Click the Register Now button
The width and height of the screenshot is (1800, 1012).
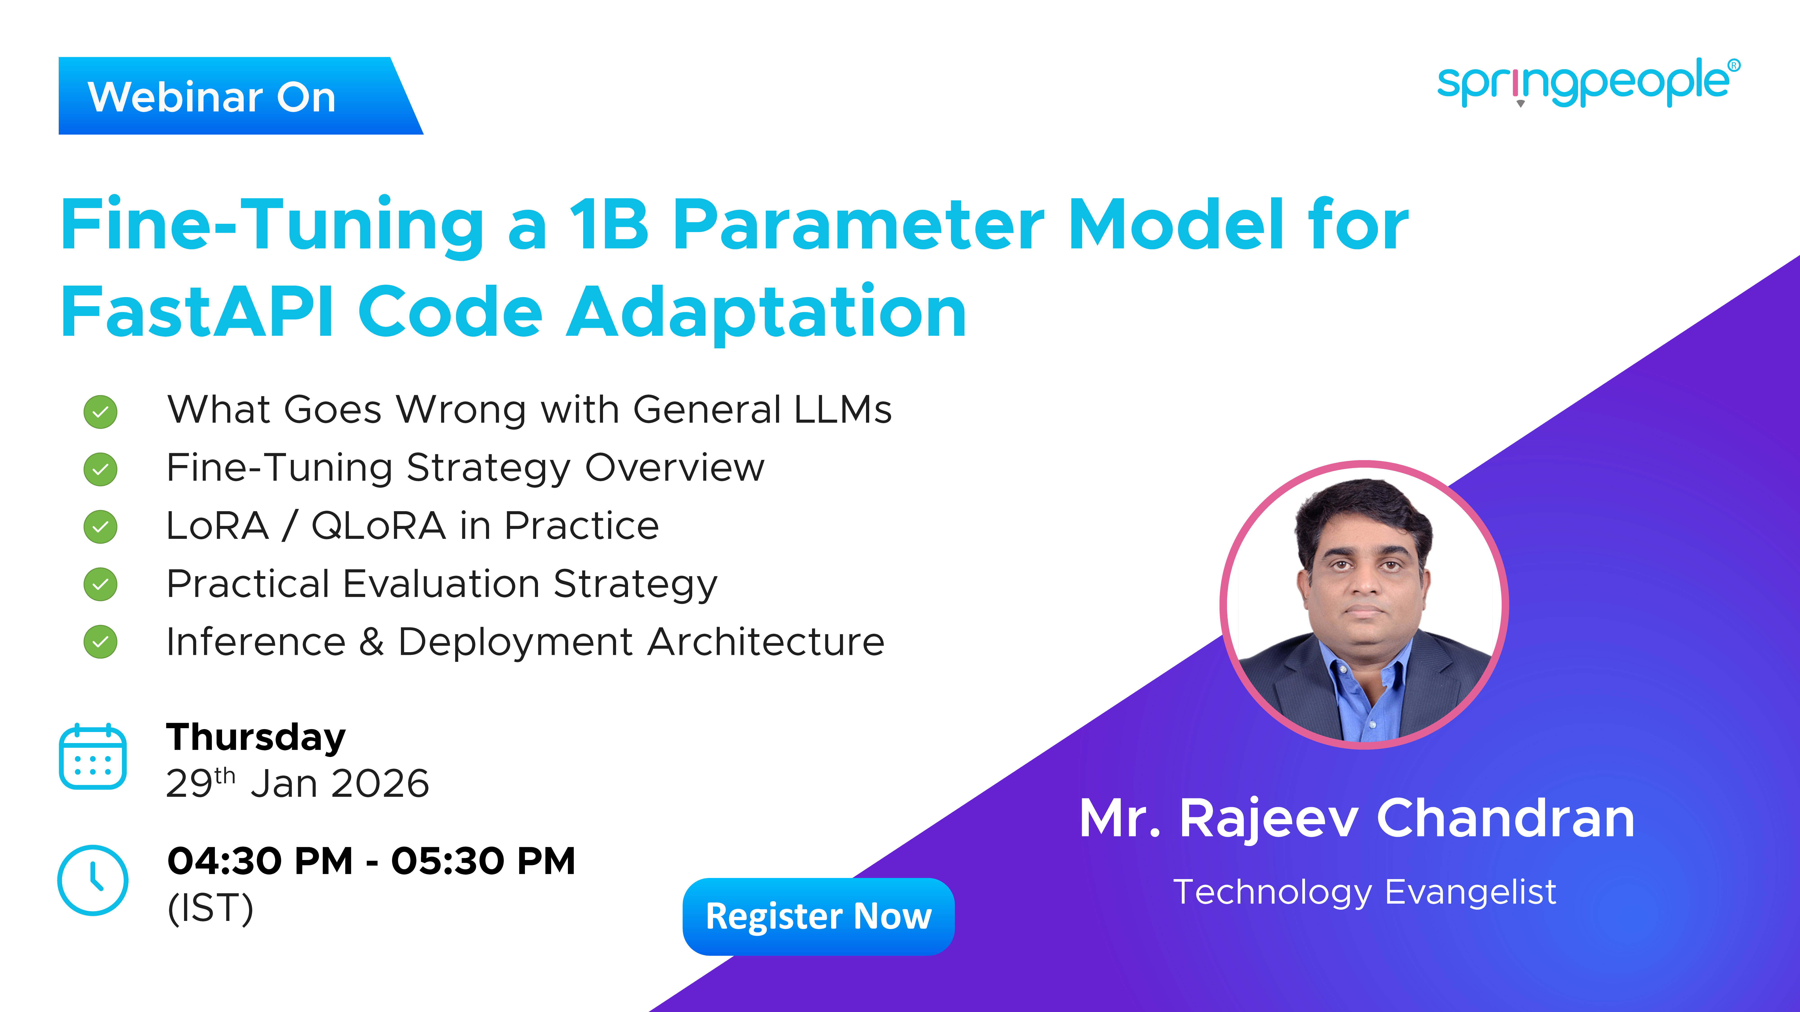(818, 916)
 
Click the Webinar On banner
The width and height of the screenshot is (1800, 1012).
(240, 96)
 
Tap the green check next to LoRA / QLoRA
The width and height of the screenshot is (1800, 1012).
(101, 527)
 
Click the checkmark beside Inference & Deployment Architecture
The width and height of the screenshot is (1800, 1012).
(101, 642)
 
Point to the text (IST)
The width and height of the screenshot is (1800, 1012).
(210, 908)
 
